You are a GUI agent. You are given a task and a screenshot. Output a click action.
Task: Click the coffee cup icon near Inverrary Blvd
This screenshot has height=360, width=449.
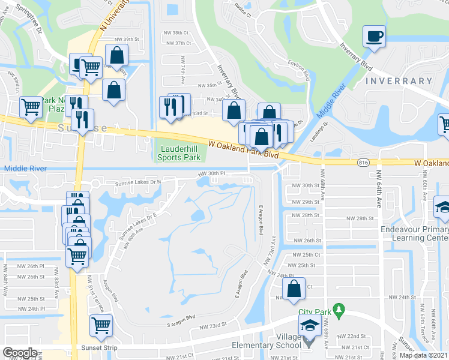pos(374,36)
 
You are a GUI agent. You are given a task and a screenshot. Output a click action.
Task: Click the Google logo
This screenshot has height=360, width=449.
pos(19,352)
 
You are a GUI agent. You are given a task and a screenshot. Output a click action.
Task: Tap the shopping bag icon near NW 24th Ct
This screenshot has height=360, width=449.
pos(294,288)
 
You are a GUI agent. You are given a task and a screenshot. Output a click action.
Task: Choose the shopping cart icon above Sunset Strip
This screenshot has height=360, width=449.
pos(101,325)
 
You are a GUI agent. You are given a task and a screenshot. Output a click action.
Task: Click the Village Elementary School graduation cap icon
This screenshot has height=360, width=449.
pos(310,326)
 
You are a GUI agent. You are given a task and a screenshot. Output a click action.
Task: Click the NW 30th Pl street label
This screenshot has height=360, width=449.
pos(212,173)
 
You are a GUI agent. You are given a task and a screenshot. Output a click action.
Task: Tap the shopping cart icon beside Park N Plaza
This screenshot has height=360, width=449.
pos(31,107)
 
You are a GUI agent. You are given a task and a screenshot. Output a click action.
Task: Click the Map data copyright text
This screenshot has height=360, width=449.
pos(423,355)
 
